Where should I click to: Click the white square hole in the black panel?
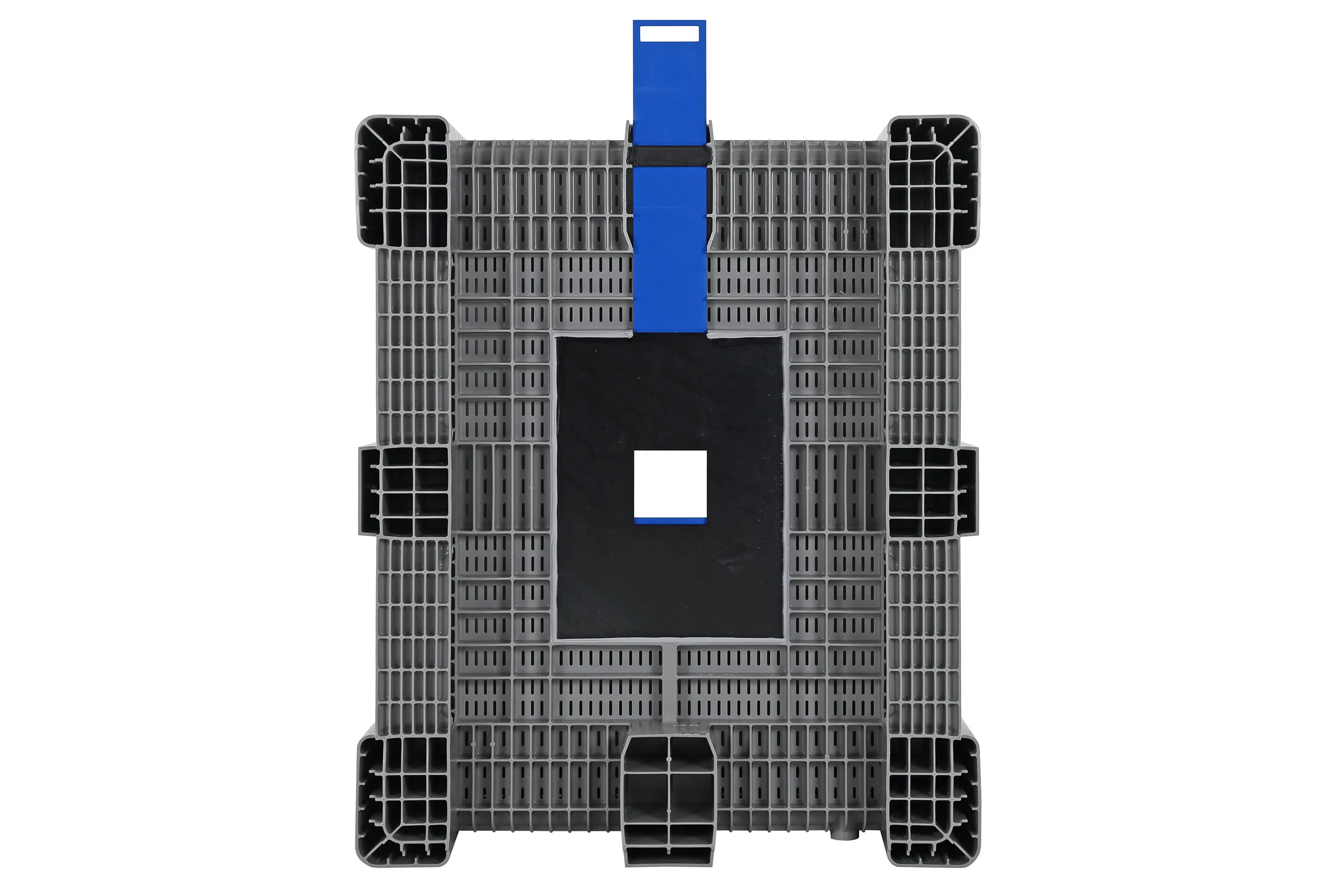670,484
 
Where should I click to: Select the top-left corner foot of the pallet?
401,181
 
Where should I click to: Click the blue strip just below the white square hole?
670,521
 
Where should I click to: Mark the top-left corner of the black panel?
558,339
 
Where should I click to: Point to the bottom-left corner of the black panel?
558,637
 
